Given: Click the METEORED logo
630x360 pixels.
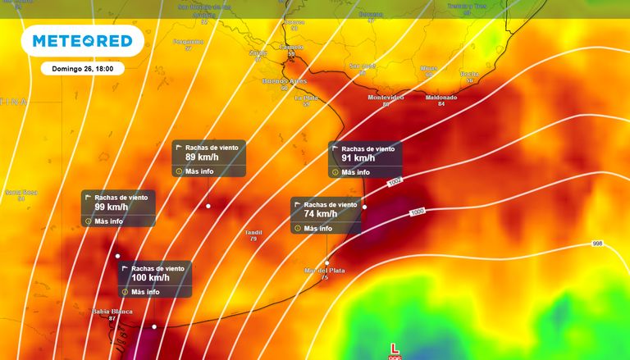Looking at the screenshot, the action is (x=82, y=41).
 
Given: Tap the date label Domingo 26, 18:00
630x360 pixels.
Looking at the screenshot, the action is (x=82, y=69).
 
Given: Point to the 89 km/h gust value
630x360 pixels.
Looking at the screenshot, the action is (x=202, y=157).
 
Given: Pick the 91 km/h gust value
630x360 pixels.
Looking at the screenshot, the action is (x=358, y=159).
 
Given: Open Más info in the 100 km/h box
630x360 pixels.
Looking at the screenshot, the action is (x=145, y=292).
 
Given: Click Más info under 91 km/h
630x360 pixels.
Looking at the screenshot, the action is (x=355, y=172).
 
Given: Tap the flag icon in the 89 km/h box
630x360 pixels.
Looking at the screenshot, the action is (x=180, y=148).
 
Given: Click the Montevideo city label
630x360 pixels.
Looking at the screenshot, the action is (x=386, y=98).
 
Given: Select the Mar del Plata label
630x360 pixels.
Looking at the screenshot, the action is (x=325, y=270).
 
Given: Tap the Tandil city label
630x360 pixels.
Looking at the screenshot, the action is (x=253, y=233).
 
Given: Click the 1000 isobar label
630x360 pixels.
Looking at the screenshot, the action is (x=418, y=212).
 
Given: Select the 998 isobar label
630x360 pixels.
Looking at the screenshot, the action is (x=597, y=244).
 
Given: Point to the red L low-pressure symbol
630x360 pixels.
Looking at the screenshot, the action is (x=395, y=349).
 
